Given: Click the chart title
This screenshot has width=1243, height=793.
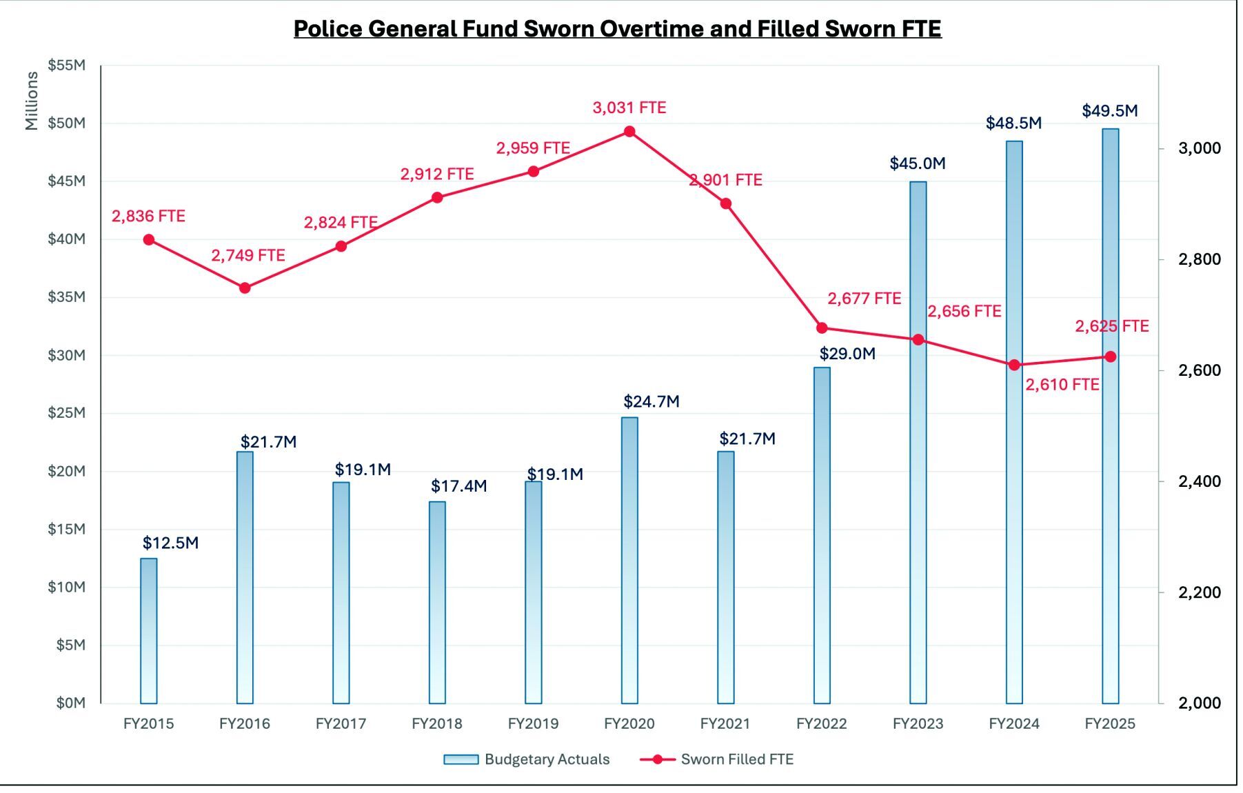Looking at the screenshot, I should pos(617,29).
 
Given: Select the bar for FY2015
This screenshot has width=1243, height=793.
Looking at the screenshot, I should pos(149,630).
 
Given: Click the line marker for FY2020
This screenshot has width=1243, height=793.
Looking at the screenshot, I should pos(629,132).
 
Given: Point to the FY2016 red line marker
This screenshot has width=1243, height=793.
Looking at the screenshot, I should pos(245,288).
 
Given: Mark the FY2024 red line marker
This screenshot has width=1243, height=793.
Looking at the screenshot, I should pos(1014,365).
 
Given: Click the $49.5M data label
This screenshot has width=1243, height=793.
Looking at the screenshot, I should pos(1109,111).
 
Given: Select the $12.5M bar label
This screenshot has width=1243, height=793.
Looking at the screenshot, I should pos(170,543).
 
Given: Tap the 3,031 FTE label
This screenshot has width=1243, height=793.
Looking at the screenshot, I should pos(629,108).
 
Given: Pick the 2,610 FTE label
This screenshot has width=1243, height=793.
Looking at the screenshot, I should pos(1062,385).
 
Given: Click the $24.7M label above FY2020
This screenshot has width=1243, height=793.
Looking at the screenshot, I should pos(651,401).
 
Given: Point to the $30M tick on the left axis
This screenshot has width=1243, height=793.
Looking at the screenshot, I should pos(66,355).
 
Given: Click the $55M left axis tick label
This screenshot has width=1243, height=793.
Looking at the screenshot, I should pos(66,66).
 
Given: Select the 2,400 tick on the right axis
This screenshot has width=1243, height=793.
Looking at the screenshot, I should pos(1199,481).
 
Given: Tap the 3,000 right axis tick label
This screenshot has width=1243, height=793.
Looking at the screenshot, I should pos(1199,148).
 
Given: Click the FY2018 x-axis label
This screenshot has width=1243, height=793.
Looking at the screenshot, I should pos(437,724).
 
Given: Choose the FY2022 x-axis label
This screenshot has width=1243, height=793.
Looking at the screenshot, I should pos(822,724).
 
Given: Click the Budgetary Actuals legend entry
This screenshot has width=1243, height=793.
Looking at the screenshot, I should pos(527,759).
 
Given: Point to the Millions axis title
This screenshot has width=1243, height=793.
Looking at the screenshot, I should pos(32,101).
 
